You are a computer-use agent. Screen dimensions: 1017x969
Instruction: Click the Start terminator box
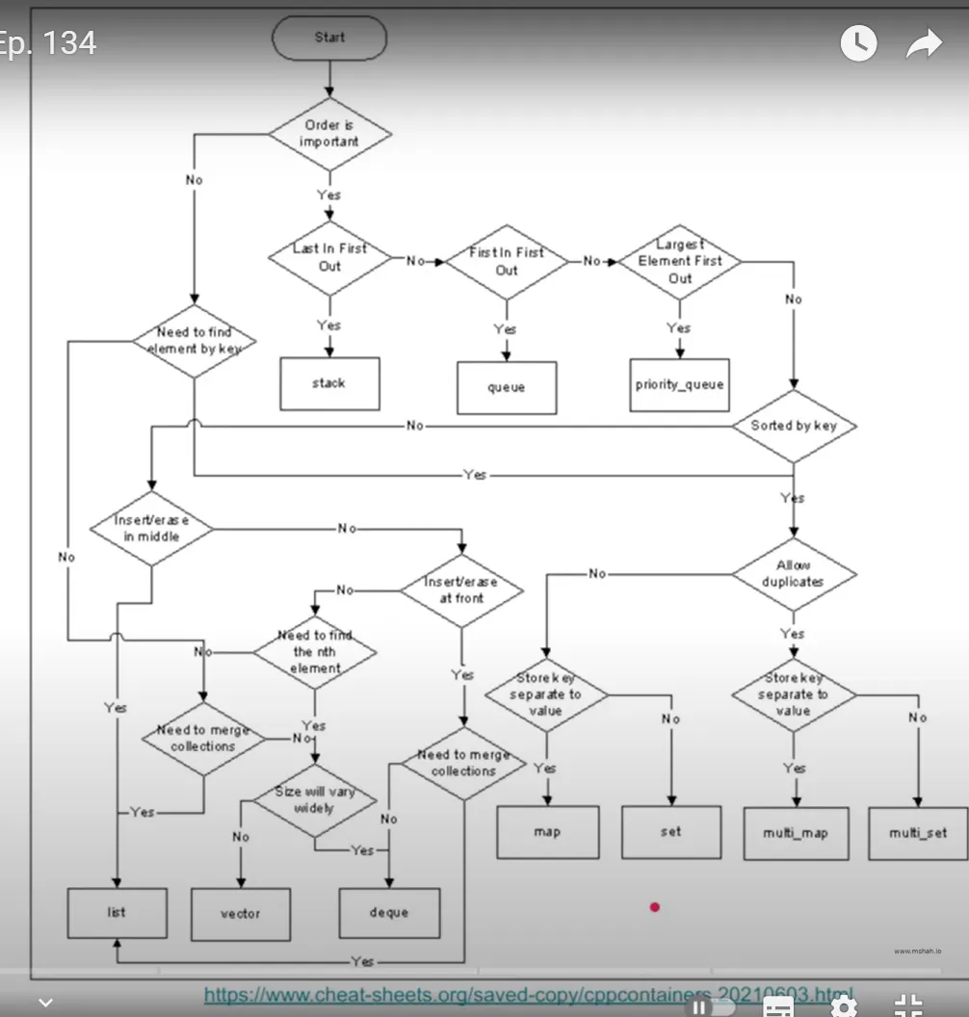tap(329, 39)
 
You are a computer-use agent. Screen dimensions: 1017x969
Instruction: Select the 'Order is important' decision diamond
tap(329, 134)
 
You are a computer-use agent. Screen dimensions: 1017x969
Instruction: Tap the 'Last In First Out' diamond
tap(329, 257)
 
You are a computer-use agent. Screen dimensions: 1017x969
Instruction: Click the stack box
tap(329, 383)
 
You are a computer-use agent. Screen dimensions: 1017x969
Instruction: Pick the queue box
tap(506, 387)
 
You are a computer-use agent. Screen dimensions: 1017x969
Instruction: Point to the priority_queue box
tap(679, 384)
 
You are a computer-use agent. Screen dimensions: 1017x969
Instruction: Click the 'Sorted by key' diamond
tap(794, 426)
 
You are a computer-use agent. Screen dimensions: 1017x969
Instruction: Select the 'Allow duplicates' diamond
tap(793, 574)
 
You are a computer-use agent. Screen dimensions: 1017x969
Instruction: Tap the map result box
tap(547, 831)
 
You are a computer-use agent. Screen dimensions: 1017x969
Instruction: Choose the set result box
tap(670, 831)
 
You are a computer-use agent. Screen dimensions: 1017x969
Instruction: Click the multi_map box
tap(796, 833)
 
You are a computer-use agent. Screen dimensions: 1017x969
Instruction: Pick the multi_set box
tap(917, 833)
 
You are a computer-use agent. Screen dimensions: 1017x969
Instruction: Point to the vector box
tap(240, 914)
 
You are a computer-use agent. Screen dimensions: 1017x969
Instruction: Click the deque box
tap(389, 912)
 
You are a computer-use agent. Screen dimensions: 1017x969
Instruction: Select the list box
tap(117, 912)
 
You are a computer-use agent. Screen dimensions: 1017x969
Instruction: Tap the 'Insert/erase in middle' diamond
tap(151, 529)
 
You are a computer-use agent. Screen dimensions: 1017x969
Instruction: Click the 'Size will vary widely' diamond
tap(314, 799)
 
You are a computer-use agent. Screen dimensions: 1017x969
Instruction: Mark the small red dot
tap(655, 906)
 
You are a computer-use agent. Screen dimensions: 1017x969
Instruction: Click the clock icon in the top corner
tap(858, 42)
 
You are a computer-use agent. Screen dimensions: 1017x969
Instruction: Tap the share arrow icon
tap(924, 42)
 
